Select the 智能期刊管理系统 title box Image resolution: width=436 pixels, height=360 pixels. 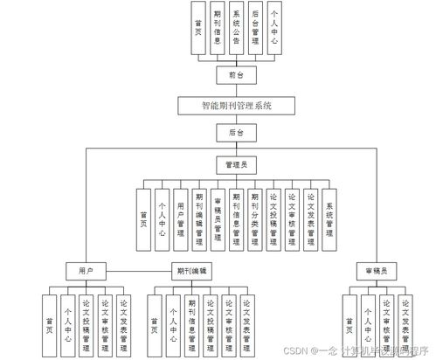point(237,105)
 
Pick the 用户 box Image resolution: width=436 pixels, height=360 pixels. point(86,271)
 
